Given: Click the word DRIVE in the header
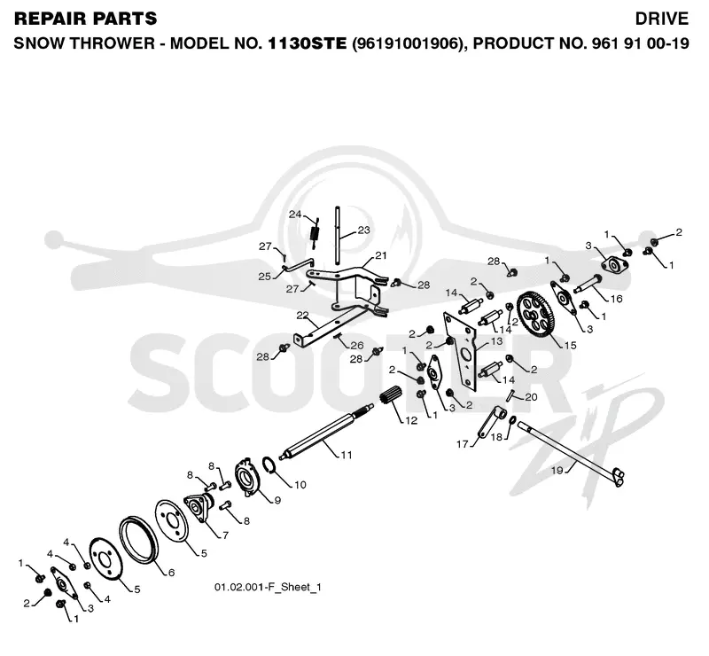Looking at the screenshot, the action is click(661, 19).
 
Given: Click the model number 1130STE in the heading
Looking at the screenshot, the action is click(307, 43).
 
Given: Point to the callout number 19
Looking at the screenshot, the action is click(557, 471).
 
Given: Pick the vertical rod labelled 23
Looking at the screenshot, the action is click(338, 236).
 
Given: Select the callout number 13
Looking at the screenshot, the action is click(496, 341).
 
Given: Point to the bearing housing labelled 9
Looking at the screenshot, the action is click(248, 479).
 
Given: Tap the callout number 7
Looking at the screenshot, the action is click(225, 535).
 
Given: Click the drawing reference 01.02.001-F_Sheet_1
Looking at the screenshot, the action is click(268, 587).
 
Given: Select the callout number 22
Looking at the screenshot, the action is click(302, 316).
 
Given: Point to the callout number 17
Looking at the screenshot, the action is click(462, 444).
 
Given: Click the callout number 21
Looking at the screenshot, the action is click(381, 255).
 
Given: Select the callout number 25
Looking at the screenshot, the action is click(264, 277).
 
